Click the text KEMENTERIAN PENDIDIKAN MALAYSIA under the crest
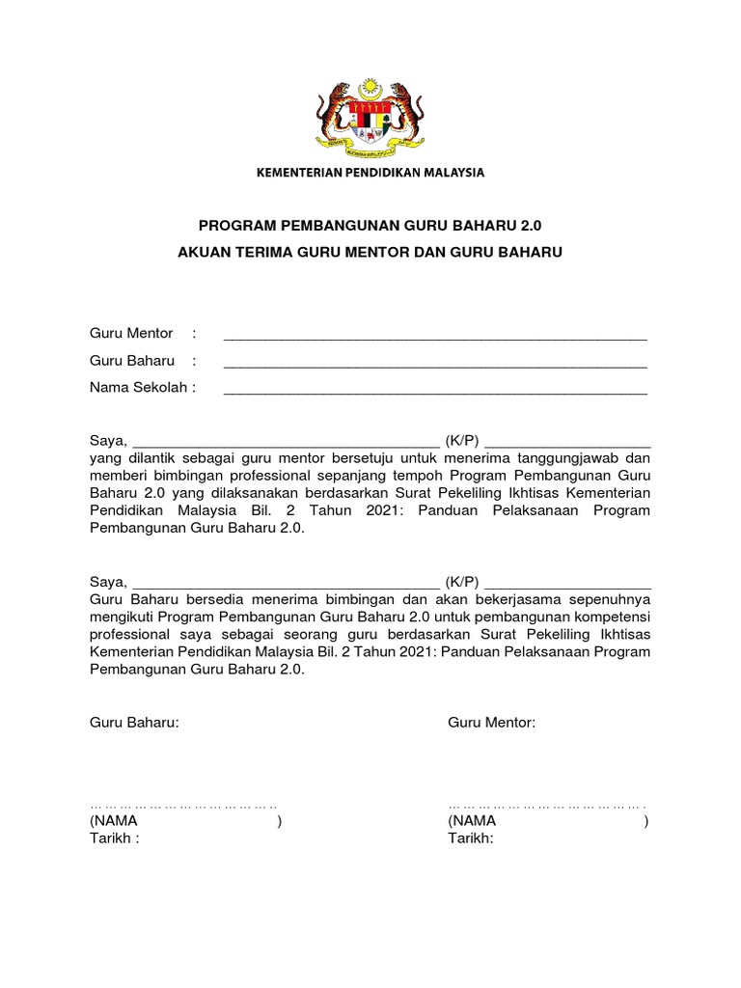370,173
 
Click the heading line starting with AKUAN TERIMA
370,252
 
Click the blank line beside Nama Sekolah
434,390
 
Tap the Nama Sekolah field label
142,388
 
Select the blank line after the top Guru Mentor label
434,336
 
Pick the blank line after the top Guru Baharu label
434,363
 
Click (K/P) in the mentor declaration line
462,441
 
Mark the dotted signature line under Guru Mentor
547,803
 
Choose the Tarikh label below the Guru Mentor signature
470,838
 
